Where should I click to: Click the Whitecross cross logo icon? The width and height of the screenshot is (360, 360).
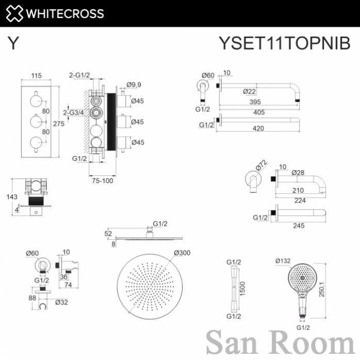pyautogui.click(x=14, y=13)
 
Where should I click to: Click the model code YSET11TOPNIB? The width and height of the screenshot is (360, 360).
pyautogui.click(x=285, y=43)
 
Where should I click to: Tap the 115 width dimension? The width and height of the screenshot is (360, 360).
pyautogui.click(x=37, y=75)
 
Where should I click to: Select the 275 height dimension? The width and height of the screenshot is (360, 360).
pyautogui.click(x=59, y=124)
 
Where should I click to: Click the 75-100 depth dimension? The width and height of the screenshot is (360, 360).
pyautogui.click(x=103, y=181)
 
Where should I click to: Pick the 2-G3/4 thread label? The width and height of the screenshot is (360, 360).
pyautogui.click(x=73, y=112)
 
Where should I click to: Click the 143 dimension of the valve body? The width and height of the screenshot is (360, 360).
pyautogui.click(x=12, y=197)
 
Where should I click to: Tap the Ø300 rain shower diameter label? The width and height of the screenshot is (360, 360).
pyautogui.click(x=182, y=253)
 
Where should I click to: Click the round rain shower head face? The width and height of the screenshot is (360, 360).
pyautogui.click(x=150, y=287)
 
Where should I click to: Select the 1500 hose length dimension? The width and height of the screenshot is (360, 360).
pyautogui.click(x=242, y=289)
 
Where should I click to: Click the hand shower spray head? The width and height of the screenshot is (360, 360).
pyautogui.click(x=302, y=279)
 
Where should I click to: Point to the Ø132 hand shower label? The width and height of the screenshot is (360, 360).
pyautogui.click(x=283, y=261)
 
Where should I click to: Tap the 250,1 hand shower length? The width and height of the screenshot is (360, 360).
pyautogui.click(x=322, y=289)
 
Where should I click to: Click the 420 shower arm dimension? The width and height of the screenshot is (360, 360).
pyautogui.click(x=258, y=128)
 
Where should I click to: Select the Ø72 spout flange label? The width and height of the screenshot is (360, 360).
pyautogui.click(x=261, y=165)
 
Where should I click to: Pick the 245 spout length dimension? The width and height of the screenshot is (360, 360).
pyautogui.click(x=299, y=226)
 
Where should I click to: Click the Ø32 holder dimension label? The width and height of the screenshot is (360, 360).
pyautogui.click(x=61, y=302)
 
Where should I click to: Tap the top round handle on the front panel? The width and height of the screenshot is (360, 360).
pyautogui.click(x=36, y=101)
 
